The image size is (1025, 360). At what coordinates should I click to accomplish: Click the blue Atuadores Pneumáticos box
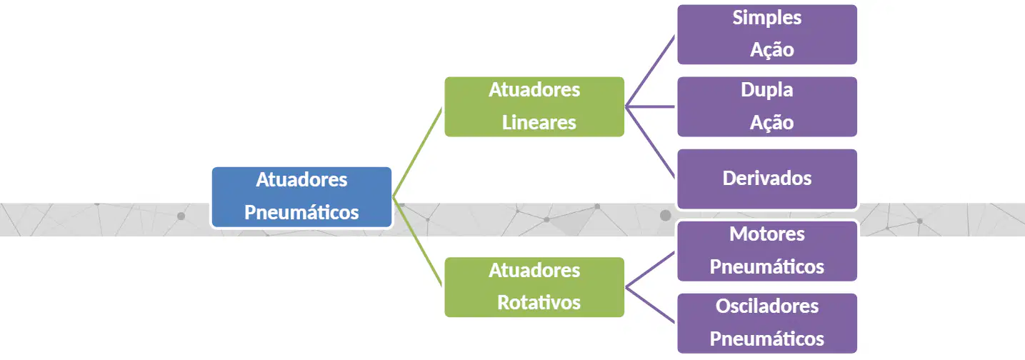pyautogui.click(x=301, y=197)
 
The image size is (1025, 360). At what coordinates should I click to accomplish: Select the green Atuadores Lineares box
pyautogui.click(x=534, y=106)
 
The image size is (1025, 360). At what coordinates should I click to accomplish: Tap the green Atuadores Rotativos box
pyautogui.click(x=534, y=287)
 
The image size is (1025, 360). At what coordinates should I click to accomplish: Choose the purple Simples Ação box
pyautogui.click(x=767, y=34)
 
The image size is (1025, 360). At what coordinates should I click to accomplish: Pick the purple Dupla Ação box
pyautogui.click(x=767, y=106)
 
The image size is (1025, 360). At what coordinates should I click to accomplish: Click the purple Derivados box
pyautogui.click(x=767, y=179)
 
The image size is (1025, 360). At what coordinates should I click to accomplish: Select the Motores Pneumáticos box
pyautogui.click(x=767, y=251)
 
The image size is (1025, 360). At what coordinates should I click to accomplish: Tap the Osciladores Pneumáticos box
pyautogui.click(x=767, y=323)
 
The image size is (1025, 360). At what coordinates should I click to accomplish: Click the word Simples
pyautogui.click(x=767, y=19)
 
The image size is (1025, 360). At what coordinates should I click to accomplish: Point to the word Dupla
pyautogui.click(x=767, y=91)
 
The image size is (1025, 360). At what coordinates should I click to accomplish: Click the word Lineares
pyautogui.click(x=539, y=123)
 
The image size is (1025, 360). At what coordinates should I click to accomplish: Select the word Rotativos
pyautogui.click(x=539, y=302)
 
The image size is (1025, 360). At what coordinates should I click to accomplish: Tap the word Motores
pyautogui.click(x=767, y=234)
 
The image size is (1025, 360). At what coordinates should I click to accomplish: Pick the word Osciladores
pyautogui.click(x=767, y=306)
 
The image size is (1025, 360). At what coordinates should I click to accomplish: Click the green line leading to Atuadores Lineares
pyautogui.click(x=417, y=152)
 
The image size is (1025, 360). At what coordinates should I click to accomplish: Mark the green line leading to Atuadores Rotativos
pyautogui.click(x=417, y=242)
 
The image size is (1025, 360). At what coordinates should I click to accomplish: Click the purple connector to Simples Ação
pyautogui.click(x=650, y=71)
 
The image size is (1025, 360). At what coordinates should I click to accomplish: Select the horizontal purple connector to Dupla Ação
pyautogui.click(x=650, y=106)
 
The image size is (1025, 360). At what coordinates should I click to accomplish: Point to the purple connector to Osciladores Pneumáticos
pyautogui.click(x=650, y=305)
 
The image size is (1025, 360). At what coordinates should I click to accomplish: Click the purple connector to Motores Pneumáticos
pyautogui.click(x=650, y=269)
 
